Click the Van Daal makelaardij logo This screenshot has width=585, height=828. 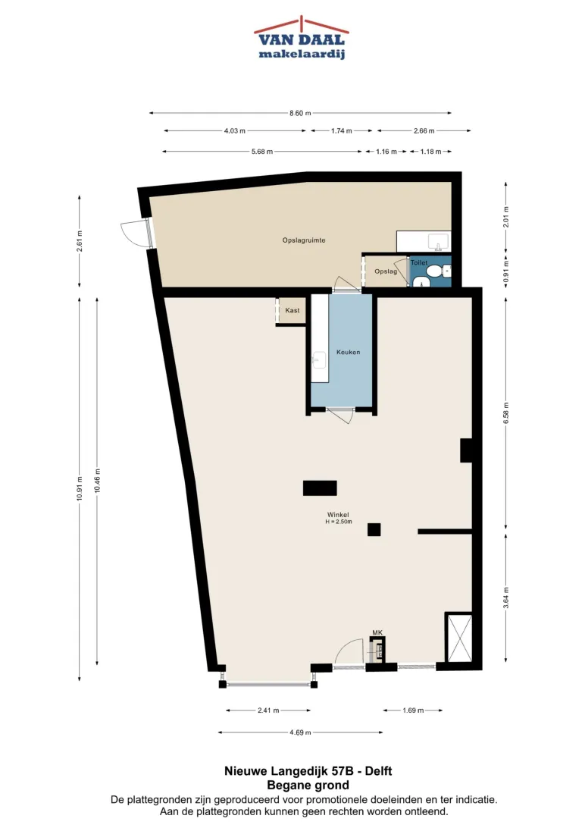click(x=301, y=37)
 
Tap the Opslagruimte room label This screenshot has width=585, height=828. click(x=304, y=240)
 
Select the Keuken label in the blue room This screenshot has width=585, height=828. click(x=348, y=353)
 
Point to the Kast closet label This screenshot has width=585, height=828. click(x=292, y=311)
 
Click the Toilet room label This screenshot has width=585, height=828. click(x=419, y=262)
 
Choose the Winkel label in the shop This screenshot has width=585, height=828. click(x=338, y=515)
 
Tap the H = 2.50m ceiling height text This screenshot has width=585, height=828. click(x=339, y=522)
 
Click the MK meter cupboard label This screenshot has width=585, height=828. click(x=377, y=632)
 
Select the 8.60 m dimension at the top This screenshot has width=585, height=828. click(x=300, y=113)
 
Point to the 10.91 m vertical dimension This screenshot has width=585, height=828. click(x=80, y=488)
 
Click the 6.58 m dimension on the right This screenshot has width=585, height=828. click(x=506, y=413)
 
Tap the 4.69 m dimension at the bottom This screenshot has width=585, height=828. click(x=300, y=732)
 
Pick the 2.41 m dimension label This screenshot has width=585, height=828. click(x=268, y=710)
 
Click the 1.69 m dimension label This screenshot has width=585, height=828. click(x=413, y=710)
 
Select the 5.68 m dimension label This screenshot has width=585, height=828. click(x=262, y=152)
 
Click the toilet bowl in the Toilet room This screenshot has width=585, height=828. click(x=435, y=271)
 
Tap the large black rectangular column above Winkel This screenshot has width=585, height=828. click(x=320, y=488)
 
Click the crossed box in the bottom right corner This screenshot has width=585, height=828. click(x=459, y=638)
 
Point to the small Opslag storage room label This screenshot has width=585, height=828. click(x=386, y=271)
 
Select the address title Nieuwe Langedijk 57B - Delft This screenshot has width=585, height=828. click(x=308, y=771)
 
